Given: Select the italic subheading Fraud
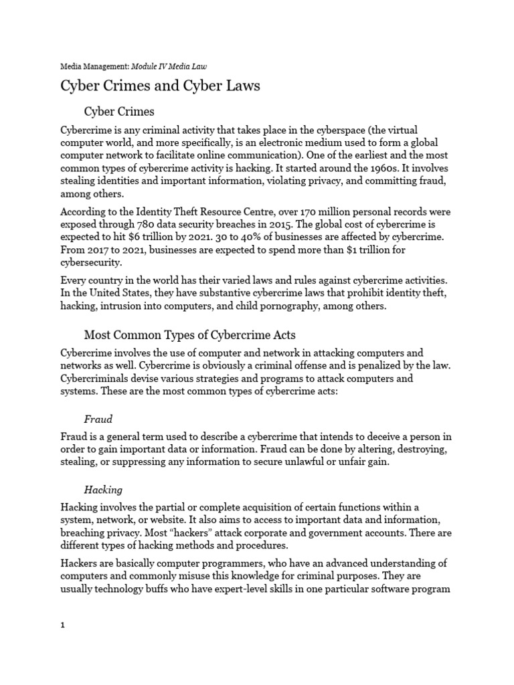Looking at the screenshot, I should pyautogui.click(x=98, y=419).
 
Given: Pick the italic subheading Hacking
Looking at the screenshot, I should pyautogui.click(x=103, y=490).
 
